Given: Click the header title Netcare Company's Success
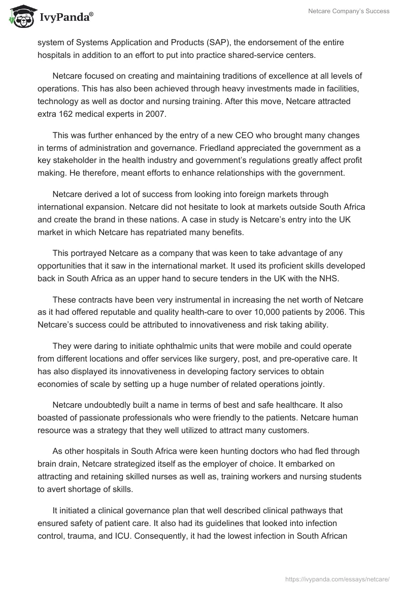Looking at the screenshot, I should click(349, 11).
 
